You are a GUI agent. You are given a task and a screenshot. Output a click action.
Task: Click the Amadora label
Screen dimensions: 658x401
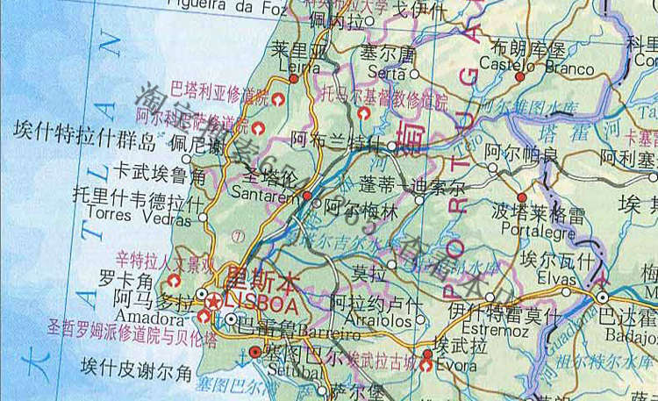coord(137,320)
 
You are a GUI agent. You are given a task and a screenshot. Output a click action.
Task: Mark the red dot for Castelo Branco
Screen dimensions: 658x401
coord(520,76)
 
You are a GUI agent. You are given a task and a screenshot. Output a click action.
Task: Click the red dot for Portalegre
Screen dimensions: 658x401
coord(523,198)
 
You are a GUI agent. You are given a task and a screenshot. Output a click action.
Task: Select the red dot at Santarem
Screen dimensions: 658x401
coord(307,195)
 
